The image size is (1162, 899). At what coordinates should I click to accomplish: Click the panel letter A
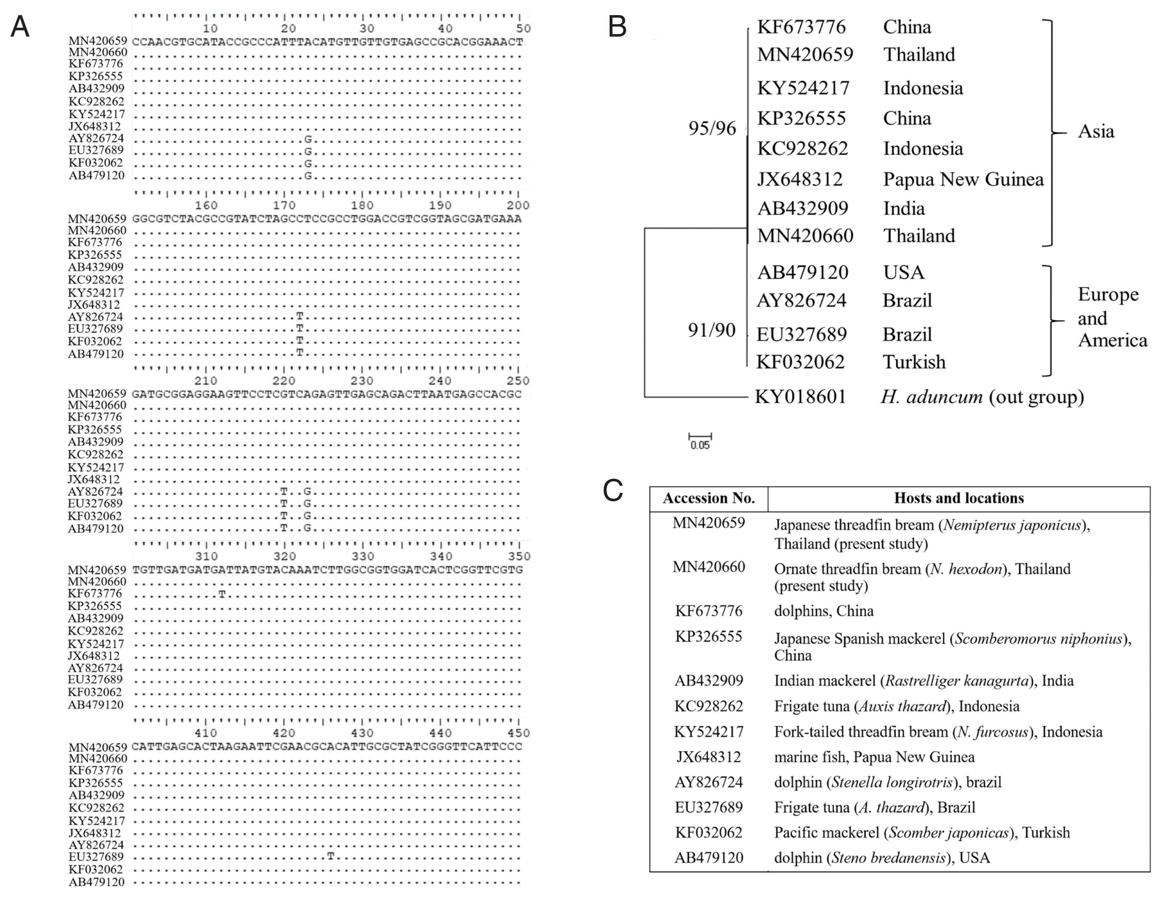click(20, 26)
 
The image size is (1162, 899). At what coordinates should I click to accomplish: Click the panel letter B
click(617, 26)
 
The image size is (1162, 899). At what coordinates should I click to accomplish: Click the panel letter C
click(613, 490)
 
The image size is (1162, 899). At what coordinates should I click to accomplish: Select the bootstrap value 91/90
click(711, 330)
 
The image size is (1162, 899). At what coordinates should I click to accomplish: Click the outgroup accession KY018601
click(800, 396)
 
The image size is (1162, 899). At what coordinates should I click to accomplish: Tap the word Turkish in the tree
click(914, 362)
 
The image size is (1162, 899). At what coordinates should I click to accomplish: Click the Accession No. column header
click(709, 498)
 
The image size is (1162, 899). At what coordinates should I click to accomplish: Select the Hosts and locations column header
click(959, 498)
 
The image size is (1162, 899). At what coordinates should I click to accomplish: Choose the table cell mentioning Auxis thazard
click(897, 706)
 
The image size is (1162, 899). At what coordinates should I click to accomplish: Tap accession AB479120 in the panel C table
click(709, 858)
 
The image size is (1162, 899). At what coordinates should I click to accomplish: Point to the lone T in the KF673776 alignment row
click(222, 594)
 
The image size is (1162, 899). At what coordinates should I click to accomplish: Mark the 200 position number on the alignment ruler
click(518, 205)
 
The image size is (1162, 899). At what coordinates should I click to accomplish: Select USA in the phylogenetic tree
click(903, 273)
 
